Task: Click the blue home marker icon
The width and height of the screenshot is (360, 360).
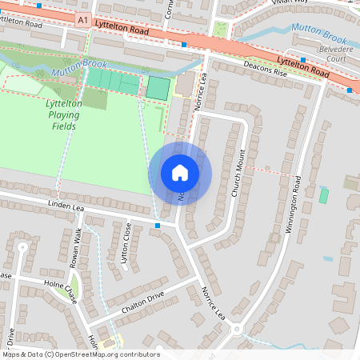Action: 180,172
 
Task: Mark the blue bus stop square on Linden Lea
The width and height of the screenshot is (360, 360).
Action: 158,226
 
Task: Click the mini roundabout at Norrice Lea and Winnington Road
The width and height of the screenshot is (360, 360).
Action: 237,328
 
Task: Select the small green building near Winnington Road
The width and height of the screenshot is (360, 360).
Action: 324,195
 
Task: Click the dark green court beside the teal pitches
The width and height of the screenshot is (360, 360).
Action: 158,88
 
